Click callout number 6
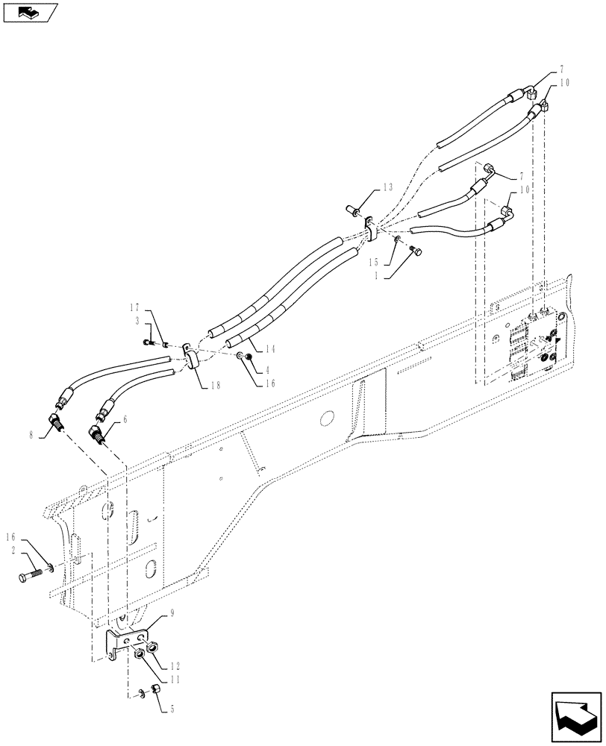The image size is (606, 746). pos(125,420)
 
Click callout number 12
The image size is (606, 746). pos(175,665)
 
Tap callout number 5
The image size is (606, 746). pos(174,710)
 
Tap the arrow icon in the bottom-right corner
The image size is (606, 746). pos(576,716)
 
